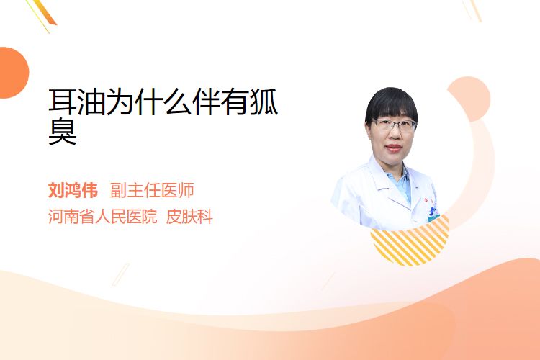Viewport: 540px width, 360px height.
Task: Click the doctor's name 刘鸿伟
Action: click(x=73, y=190)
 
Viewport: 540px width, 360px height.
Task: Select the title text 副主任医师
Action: click(x=152, y=190)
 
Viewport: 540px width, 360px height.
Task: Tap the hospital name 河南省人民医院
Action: click(x=102, y=217)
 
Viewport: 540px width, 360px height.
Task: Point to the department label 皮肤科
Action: click(x=189, y=217)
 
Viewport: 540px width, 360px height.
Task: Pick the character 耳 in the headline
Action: click(x=63, y=102)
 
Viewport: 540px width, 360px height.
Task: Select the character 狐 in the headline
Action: click(x=264, y=102)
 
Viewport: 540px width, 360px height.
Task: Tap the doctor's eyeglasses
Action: click(x=394, y=125)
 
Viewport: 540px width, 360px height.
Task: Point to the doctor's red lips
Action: click(x=394, y=148)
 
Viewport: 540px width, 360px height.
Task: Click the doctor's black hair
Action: click(x=392, y=104)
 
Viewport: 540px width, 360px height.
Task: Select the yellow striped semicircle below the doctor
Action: click(x=410, y=243)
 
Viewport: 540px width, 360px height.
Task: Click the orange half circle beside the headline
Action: click(x=14, y=73)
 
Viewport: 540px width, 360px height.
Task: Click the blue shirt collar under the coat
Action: click(x=401, y=184)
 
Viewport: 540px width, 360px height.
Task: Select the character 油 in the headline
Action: click(x=91, y=102)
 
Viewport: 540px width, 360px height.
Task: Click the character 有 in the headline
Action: click(x=235, y=102)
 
